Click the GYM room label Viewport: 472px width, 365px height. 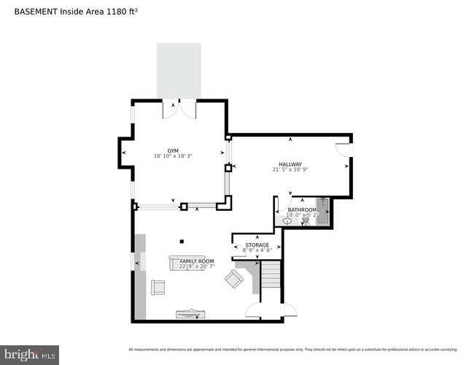172,150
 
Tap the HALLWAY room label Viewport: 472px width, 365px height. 290,164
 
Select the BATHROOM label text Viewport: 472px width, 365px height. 301,210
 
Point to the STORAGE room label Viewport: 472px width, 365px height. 257,245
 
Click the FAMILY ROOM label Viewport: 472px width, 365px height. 197,261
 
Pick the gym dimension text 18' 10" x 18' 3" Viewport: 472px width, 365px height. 172,156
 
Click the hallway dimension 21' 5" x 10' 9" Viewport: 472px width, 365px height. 290,170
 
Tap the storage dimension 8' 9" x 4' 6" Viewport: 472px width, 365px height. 257,250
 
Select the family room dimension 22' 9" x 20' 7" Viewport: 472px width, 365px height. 197,266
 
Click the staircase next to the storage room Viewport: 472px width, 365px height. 271,280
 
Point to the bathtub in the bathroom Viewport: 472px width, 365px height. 322,210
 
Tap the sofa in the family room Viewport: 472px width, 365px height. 191,262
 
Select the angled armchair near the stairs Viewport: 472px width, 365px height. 235,279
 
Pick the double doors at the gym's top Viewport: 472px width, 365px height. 179,108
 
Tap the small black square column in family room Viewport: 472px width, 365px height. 182,242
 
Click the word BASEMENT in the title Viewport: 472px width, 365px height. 36,11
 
